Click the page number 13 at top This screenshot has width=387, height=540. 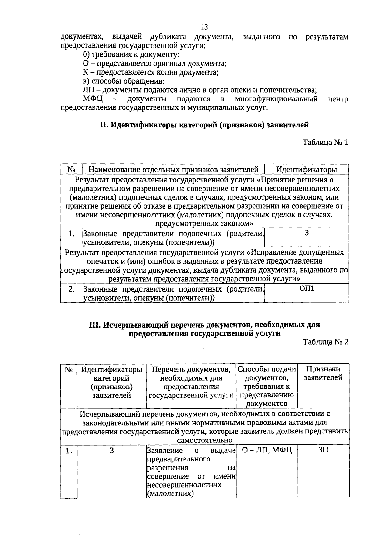[x=204, y=27]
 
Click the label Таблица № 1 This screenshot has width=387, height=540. [x=325, y=142]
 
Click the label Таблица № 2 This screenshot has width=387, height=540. [x=325, y=342]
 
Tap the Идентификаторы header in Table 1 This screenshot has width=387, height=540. [x=306, y=169]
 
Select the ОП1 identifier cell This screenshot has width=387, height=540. [x=306, y=288]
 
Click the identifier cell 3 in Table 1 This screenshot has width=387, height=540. [x=306, y=233]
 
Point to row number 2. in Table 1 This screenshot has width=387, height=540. [x=72, y=289]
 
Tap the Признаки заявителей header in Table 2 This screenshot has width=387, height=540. [x=323, y=373]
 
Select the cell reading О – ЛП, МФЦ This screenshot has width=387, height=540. [x=267, y=450]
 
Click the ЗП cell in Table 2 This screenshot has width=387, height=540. [x=323, y=450]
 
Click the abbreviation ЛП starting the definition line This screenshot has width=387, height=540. [x=87, y=90]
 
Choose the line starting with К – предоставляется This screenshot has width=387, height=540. [x=151, y=72]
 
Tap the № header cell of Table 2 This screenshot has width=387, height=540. [x=68, y=369]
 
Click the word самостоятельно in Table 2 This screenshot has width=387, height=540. [x=204, y=440]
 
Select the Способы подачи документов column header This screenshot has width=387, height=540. [x=267, y=386]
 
